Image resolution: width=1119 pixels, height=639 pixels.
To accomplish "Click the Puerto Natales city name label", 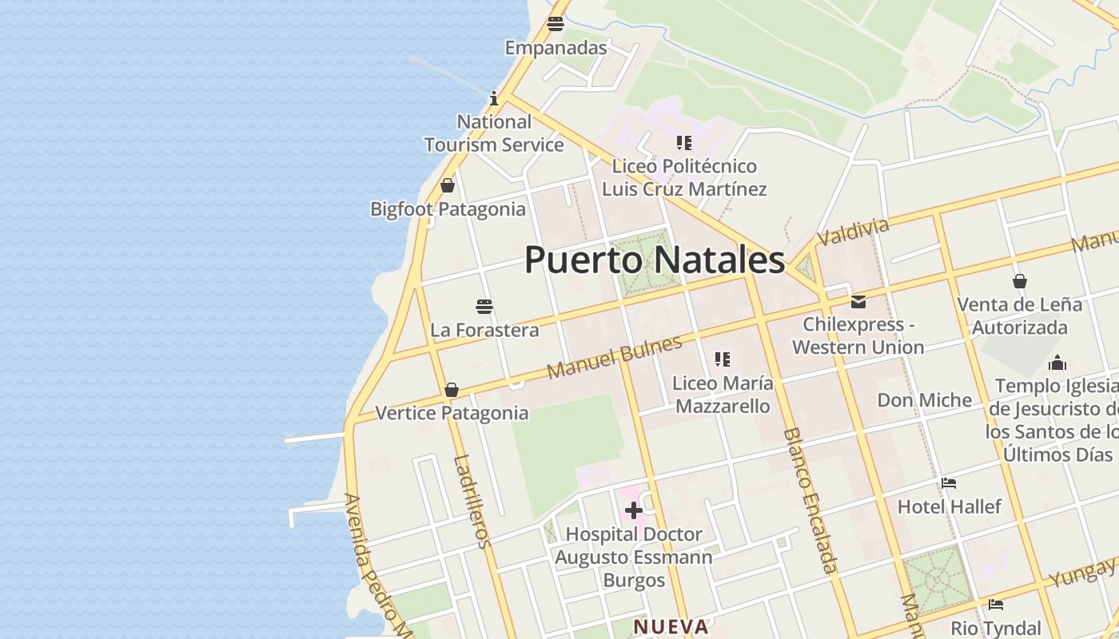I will [655, 260].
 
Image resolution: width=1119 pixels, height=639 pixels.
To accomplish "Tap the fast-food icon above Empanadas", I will [556, 23].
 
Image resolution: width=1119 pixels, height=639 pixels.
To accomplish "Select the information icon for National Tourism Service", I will [494, 98].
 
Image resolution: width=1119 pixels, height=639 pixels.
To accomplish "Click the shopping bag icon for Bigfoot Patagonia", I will [448, 185].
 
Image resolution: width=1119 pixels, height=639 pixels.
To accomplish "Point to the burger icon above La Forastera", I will [484, 306].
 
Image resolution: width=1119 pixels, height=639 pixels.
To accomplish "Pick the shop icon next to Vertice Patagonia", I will [452, 390].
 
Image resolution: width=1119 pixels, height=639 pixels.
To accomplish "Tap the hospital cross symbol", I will [633, 510].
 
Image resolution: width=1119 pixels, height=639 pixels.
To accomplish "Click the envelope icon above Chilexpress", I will [858, 302].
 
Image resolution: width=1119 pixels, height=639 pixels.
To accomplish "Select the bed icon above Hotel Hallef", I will [949, 482].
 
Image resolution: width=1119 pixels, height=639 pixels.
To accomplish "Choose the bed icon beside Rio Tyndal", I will [995, 605].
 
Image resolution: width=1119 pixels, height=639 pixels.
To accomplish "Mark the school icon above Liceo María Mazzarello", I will [723, 359].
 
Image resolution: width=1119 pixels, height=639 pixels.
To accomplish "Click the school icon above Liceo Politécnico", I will [683, 143].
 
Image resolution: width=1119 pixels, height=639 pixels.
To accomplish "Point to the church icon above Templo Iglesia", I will [1057, 363].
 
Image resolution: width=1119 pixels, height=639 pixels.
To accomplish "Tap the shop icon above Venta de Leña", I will [1019, 281].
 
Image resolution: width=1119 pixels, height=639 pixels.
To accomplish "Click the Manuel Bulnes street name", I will [615, 357].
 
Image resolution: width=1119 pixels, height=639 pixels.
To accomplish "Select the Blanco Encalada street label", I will [810, 500].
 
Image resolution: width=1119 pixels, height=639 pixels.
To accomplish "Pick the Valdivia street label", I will [853, 232].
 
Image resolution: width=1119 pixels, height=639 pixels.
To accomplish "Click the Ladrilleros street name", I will [472, 501].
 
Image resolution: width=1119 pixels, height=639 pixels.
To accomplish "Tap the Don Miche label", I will [925, 400].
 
